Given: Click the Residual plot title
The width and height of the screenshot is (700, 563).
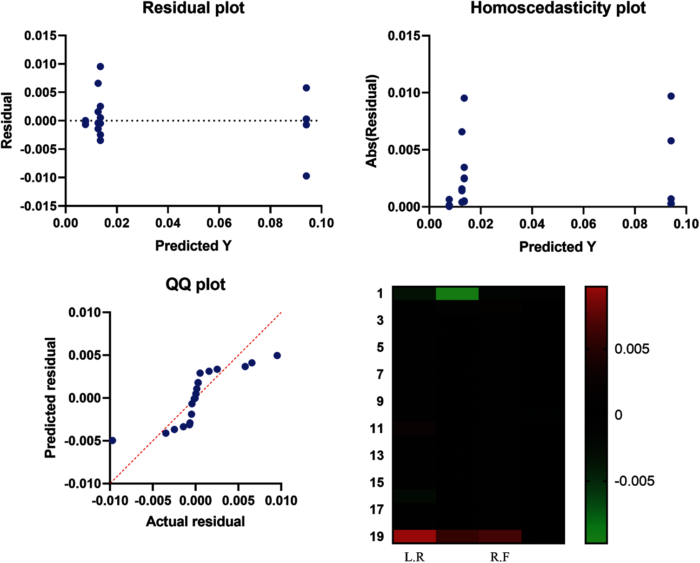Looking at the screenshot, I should point(193,8).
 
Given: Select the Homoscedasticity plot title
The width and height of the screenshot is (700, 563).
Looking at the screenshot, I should point(558,8).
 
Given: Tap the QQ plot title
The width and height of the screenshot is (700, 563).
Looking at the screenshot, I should point(195,284).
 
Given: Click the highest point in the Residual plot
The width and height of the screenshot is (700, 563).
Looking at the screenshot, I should point(100,67).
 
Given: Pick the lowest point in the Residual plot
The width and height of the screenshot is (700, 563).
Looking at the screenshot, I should point(306,176).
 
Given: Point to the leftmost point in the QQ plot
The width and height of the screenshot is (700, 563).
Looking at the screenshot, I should point(112,440).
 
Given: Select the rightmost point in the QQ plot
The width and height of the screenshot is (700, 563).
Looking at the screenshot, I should point(277,355).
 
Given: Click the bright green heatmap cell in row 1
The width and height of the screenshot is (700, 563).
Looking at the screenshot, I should point(457,294).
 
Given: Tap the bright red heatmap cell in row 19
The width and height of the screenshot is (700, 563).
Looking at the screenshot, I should point(415,536).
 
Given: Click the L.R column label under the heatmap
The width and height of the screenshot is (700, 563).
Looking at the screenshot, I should point(414,557).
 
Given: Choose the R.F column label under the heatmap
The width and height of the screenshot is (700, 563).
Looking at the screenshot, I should point(500,557).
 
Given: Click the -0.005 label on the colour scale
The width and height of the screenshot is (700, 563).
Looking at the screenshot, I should point(634,481).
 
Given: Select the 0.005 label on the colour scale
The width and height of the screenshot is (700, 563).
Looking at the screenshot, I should point(632,349).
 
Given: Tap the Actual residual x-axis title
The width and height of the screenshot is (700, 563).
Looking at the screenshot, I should point(195,522).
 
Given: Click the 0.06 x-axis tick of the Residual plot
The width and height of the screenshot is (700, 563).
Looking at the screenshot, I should point(219,223).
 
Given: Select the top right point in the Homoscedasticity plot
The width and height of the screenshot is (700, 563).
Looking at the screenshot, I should point(671,96).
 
